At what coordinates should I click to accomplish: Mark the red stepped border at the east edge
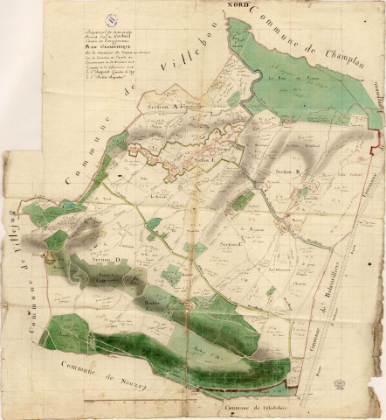pyautogui.click(x=375, y=131)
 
